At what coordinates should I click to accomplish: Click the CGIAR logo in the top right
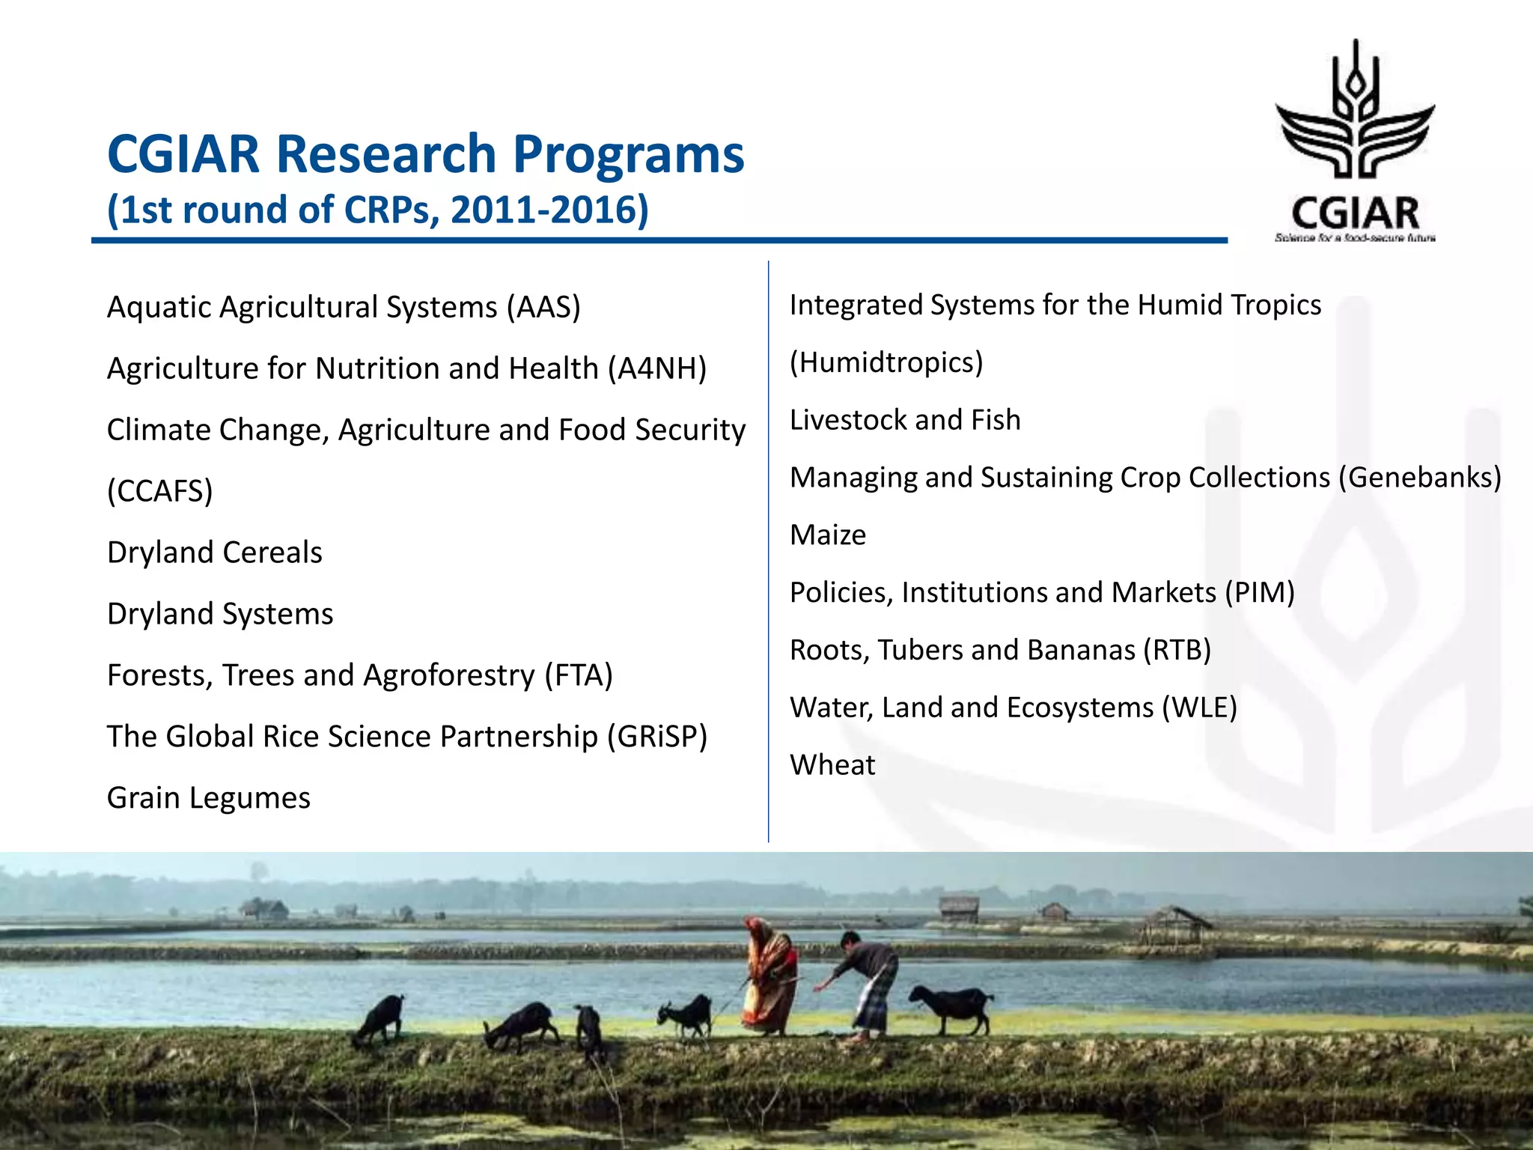[1355, 142]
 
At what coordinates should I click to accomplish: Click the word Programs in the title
[628, 154]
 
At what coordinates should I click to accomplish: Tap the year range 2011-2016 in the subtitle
[549, 210]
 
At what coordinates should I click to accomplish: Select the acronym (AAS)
[543, 308]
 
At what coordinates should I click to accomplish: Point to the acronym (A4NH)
[657, 369]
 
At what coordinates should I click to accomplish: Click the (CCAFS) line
[160, 491]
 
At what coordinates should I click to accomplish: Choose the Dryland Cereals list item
[215, 553]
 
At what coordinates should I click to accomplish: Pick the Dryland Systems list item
[220, 614]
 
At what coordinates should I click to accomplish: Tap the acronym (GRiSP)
[657, 737]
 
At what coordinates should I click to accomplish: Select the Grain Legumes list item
[209, 798]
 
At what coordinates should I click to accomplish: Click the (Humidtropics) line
[886, 362]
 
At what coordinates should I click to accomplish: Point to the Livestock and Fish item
[905, 420]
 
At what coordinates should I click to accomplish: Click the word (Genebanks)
[1419, 478]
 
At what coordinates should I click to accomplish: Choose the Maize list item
[828, 535]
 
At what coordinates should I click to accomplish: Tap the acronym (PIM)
[1260, 593]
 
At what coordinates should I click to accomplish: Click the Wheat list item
[832, 765]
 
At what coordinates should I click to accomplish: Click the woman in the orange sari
[769, 977]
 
